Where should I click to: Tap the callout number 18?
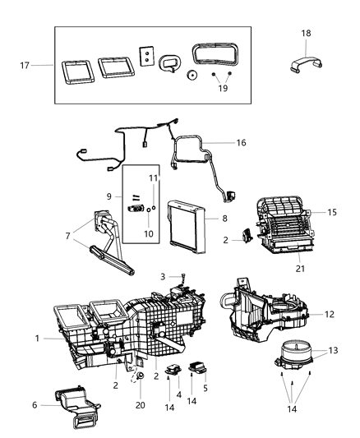click(x=306, y=33)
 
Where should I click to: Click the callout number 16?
click(x=241, y=142)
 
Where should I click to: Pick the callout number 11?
click(x=153, y=178)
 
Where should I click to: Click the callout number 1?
click(x=37, y=338)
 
